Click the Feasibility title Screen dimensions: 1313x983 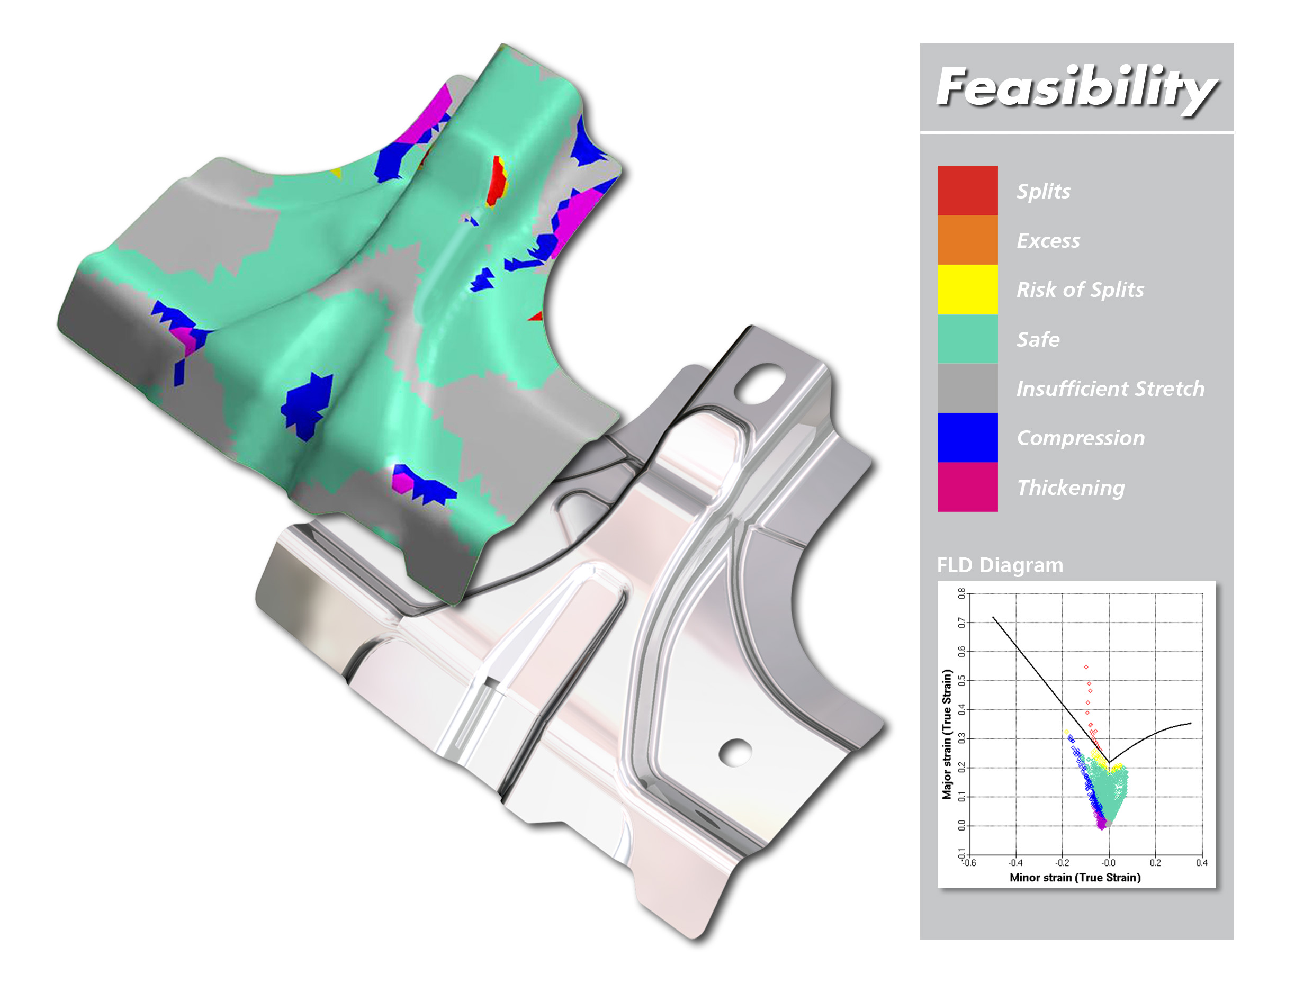pyautogui.click(x=1076, y=88)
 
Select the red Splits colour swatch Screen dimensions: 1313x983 pyautogui.click(x=967, y=190)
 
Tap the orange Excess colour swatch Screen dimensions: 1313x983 pyautogui.click(x=967, y=240)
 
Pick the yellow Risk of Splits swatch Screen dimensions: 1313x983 pyautogui.click(x=967, y=289)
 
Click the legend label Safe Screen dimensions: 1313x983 pyautogui.click(x=1038, y=339)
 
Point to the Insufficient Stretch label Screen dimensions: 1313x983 pyautogui.click(x=1110, y=388)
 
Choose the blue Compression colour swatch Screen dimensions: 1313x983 pyautogui.click(x=967, y=437)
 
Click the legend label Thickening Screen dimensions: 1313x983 pyautogui.click(x=1070, y=488)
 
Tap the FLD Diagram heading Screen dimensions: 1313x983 pyautogui.click(x=1000, y=565)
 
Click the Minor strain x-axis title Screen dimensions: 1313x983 pyautogui.click(x=1075, y=877)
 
